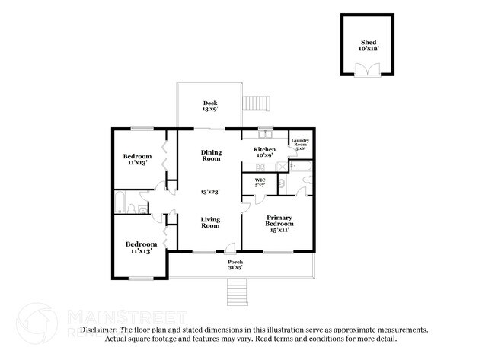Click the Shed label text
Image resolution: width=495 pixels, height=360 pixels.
367,45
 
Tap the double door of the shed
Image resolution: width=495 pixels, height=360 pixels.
367,69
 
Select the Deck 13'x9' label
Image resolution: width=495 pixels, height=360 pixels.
211,107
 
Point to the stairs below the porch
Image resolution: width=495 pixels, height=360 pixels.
238,290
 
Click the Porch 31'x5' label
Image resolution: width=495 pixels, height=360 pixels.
236,265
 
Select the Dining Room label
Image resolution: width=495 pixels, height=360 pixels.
211,155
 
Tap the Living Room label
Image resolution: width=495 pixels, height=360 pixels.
210,222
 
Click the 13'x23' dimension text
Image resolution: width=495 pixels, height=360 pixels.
210,191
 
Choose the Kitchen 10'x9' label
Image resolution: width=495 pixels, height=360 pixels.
265,153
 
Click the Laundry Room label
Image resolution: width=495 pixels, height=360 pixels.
299,145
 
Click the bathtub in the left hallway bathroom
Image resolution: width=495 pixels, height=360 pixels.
120,202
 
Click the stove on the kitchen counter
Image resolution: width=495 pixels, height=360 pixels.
260,166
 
